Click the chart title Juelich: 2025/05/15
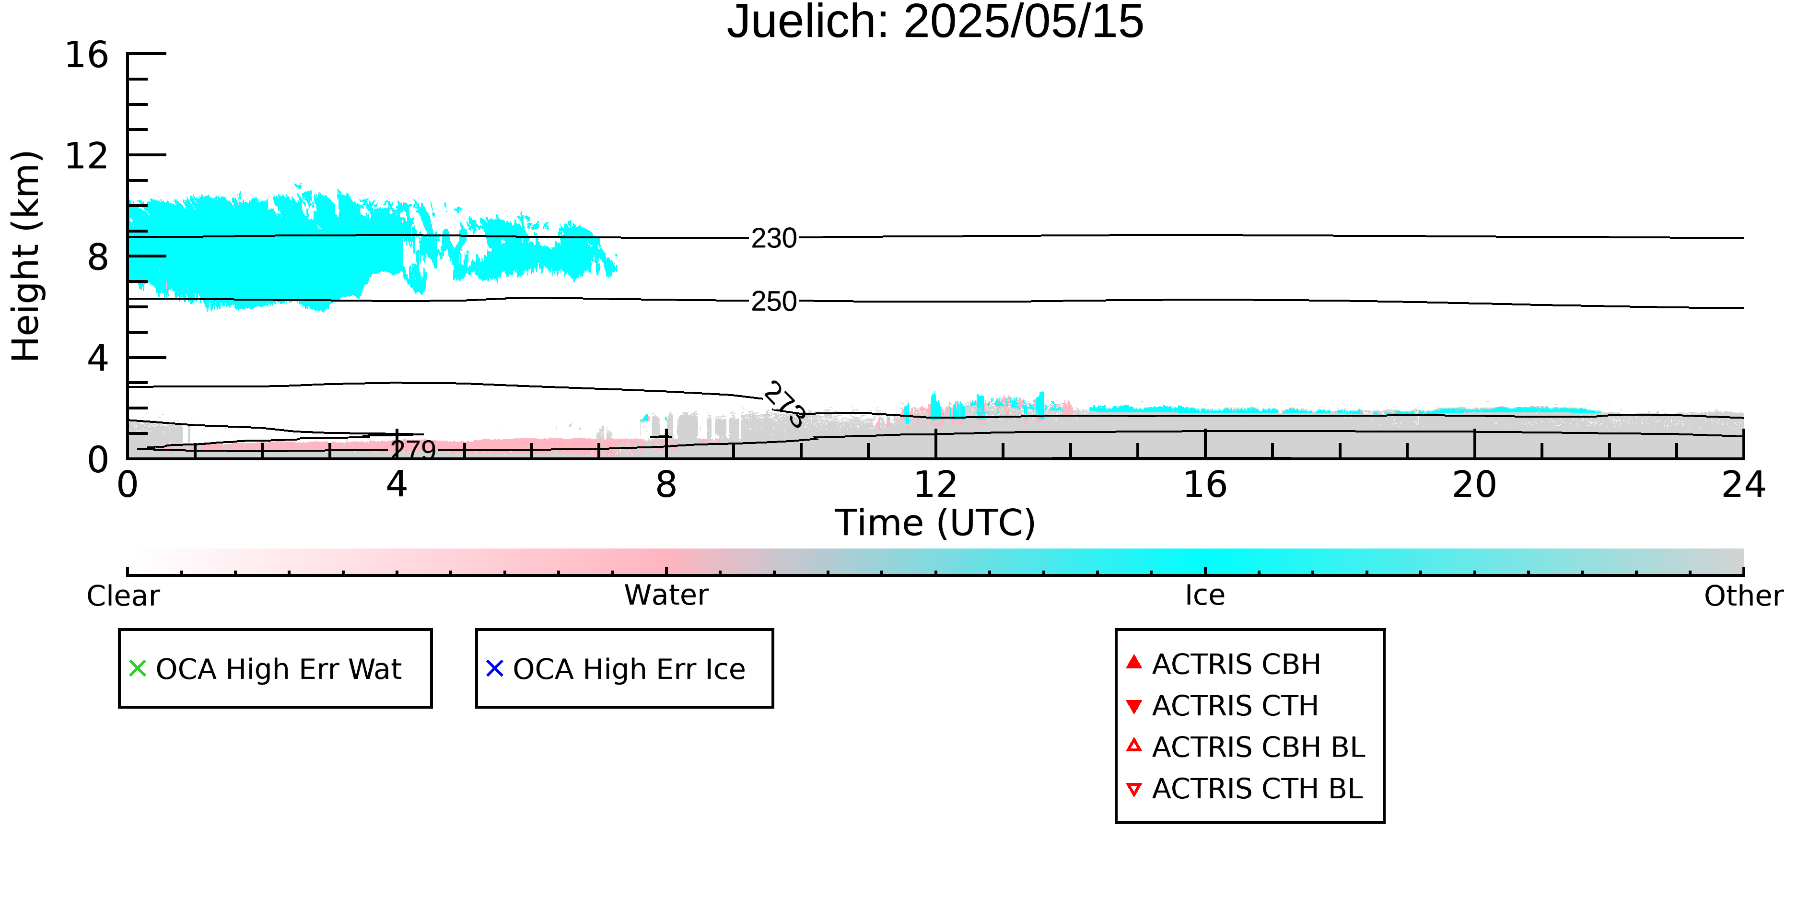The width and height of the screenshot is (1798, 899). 935,23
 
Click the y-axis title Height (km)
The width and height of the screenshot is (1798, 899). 26,256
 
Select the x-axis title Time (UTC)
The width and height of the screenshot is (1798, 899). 935,523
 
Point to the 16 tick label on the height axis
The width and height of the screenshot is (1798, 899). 87,55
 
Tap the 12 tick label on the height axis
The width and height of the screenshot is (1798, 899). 87,156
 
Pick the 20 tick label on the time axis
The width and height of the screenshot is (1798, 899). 1474,484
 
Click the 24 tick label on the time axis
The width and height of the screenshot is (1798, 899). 1743,484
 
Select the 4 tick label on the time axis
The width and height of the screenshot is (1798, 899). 397,484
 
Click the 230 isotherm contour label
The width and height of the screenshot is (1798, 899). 773,239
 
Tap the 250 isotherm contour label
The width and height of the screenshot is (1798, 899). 773,302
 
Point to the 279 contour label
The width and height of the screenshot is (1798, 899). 413,450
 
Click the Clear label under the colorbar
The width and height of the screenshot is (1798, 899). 123,596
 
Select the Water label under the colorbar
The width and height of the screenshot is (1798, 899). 666,595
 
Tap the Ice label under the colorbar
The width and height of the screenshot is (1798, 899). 1205,595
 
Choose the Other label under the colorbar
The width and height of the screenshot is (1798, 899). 1743,596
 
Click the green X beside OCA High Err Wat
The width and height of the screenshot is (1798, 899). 138,669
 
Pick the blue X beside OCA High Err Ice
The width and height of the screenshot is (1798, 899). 495,669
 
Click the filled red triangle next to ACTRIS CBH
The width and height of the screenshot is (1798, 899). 1134,662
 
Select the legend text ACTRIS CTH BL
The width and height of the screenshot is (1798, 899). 1257,789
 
